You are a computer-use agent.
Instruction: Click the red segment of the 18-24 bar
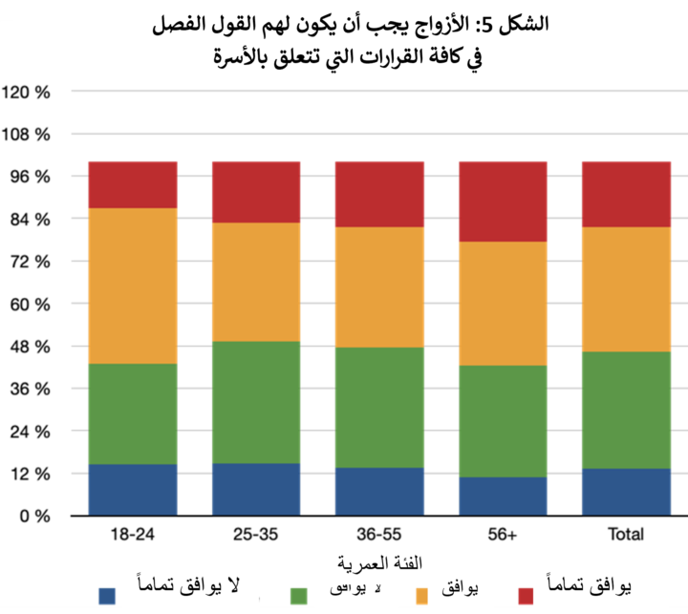click(133, 184)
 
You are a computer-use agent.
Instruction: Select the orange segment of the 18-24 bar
click(133, 286)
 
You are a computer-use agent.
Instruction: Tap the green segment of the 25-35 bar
click(256, 402)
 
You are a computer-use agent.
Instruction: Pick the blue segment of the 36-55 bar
click(379, 491)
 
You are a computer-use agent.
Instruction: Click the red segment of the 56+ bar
click(503, 201)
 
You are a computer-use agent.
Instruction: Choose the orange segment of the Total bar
click(626, 289)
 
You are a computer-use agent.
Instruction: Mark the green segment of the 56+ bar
click(503, 421)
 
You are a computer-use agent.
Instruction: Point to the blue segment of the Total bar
click(626, 492)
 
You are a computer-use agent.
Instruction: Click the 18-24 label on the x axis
click(133, 535)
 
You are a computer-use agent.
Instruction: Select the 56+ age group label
click(503, 535)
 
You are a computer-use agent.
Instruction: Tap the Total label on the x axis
click(626, 535)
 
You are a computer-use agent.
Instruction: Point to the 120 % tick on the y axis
click(28, 93)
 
